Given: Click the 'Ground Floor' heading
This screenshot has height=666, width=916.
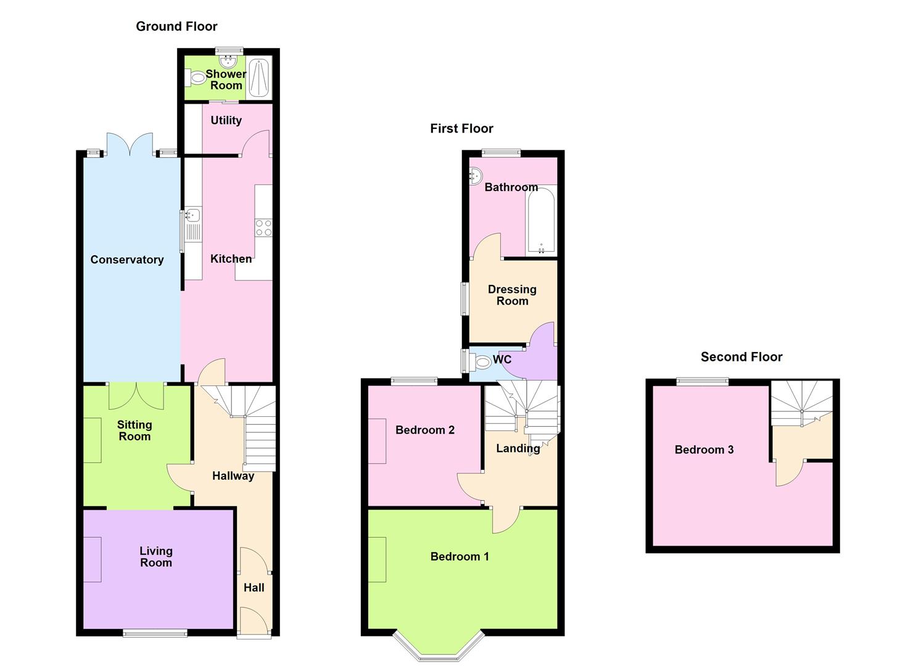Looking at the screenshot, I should point(176,27).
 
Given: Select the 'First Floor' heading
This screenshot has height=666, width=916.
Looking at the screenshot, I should point(461,129).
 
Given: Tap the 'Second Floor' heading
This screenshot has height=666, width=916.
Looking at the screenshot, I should point(741,357).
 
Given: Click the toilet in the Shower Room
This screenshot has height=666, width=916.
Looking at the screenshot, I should point(197,78).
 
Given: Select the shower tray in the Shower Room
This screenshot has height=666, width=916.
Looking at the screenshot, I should point(260,78).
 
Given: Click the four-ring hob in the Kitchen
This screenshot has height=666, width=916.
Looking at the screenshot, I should point(263,228).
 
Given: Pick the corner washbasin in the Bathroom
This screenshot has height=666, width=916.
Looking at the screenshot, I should point(476,176).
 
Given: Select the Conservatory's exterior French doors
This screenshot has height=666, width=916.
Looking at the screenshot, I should point(130,144).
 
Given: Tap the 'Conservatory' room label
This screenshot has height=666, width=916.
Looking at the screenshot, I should point(127,260).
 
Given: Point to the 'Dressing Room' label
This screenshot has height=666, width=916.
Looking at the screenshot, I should point(512,295).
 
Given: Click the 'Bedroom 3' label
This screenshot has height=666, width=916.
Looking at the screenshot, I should point(704,450).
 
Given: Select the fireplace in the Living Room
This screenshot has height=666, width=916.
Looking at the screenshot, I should point(93,559).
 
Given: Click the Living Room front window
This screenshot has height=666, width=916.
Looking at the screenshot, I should point(155,633).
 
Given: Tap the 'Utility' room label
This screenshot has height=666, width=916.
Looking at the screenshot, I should point(226,120).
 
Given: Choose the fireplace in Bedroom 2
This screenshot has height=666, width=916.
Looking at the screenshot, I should point(378,442).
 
